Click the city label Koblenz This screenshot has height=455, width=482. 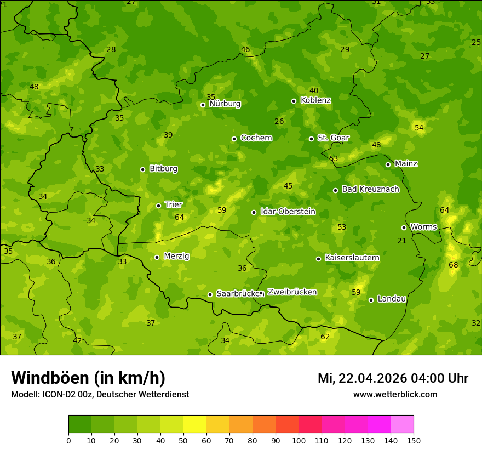pyautogui.click(x=315, y=100)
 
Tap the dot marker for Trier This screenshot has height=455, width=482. pyautogui.click(x=158, y=206)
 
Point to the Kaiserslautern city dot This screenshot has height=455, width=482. pyautogui.click(x=318, y=259)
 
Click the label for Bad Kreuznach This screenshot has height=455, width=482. pyautogui.click(x=370, y=189)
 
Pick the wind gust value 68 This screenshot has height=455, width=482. pyautogui.click(x=454, y=265)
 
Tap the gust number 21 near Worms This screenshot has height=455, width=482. pyautogui.click(x=402, y=241)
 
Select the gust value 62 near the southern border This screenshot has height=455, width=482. pyautogui.click(x=325, y=337)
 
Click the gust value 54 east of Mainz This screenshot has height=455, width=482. pyautogui.click(x=419, y=128)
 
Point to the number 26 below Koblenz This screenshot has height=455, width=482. pyautogui.click(x=279, y=121)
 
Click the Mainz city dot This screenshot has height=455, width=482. pyautogui.click(x=388, y=164)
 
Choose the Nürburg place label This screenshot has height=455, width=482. pyautogui.click(x=225, y=104)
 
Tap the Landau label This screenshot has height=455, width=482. pyautogui.click(x=392, y=299)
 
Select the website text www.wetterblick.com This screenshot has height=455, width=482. pyautogui.click(x=395, y=395)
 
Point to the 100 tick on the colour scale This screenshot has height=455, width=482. pyautogui.click(x=299, y=440)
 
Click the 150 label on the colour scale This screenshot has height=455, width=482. pyautogui.click(x=414, y=440)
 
